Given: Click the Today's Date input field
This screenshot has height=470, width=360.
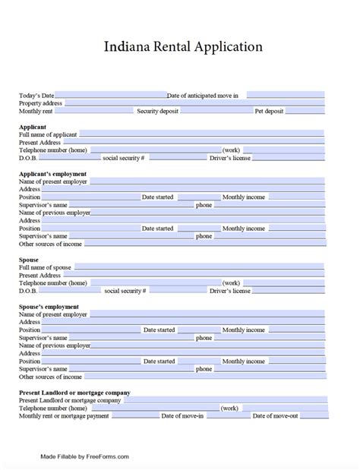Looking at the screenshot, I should [110, 96].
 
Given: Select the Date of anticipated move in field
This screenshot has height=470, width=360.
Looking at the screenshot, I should [286, 96].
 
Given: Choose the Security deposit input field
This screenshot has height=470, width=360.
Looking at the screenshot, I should [216, 111].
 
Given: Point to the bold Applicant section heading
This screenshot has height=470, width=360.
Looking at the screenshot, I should [33, 126].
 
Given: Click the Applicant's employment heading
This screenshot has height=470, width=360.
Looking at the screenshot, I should [52, 174].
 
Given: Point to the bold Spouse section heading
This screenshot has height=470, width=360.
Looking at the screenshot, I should [29, 260].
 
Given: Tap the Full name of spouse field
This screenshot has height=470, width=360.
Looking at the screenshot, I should [198, 267].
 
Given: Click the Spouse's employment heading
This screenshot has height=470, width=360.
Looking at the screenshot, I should [49, 307].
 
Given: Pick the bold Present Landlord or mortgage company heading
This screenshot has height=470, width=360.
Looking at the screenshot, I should [74, 393].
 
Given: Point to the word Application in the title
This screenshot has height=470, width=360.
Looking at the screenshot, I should [226, 47].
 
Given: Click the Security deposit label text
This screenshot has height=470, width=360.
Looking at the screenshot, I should [157, 111].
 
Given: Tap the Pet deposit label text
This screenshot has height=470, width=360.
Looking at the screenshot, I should [270, 111].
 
